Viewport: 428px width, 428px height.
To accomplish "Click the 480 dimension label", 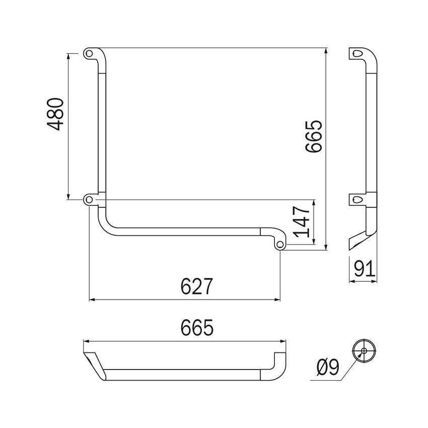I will click(56, 115).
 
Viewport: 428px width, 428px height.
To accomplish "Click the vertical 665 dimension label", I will click(313, 136).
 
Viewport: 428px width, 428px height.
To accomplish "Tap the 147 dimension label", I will click(301, 222).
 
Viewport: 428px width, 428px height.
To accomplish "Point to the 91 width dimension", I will click(364, 268).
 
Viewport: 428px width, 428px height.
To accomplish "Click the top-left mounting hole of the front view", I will click(89, 52).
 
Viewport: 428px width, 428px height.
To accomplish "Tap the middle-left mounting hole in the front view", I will click(89, 199).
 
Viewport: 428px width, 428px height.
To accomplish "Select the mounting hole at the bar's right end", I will click(280, 244).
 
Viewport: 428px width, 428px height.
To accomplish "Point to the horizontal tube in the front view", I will click(186, 232).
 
